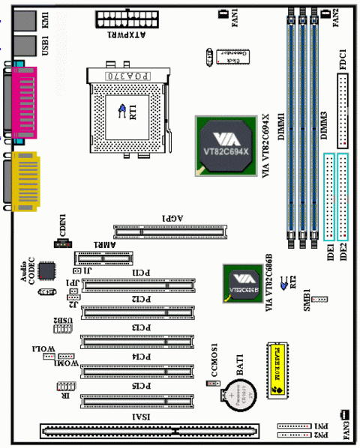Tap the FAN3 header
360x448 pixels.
coord(343,414)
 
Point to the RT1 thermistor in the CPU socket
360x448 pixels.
coord(121,109)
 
